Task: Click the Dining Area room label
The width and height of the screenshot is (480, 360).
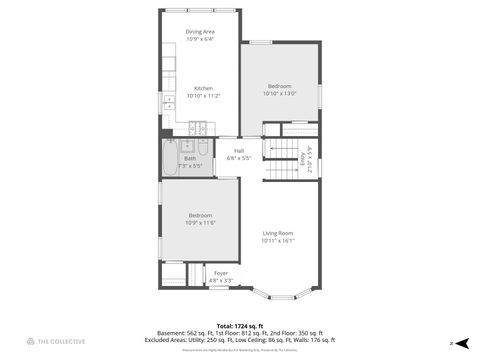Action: (x=200, y=32)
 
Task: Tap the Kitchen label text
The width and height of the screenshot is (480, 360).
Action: (x=203, y=87)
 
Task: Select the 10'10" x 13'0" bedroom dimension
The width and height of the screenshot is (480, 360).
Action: (x=279, y=94)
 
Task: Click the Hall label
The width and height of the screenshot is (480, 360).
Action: (x=239, y=150)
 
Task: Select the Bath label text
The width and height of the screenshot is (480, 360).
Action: (x=190, y=157)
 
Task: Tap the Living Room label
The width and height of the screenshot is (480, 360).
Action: (x=278, y=233)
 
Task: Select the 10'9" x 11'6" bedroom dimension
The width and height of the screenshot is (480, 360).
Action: (x=201, y=222)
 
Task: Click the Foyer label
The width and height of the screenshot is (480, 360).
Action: (x=220, y=273)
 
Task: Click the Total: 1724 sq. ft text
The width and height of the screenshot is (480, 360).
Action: (x=239, y=326)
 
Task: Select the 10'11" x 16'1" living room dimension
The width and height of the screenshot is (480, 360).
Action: (x=278, y=241)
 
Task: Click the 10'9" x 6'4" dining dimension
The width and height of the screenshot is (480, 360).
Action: (x=200, y=39)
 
